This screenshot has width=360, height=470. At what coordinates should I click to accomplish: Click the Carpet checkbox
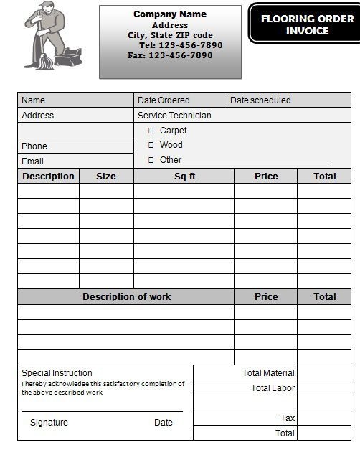click(x=151, y=131)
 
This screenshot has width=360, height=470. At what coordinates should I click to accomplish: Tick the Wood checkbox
click(x=151, y=145)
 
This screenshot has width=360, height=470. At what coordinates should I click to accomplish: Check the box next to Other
click(x=151, y=160)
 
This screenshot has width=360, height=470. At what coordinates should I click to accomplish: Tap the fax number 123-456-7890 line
click(x=170, y=55)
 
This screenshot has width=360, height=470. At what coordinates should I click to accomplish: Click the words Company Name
click(x=170, y=14)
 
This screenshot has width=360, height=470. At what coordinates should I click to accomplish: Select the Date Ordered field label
click(x=164, y=100)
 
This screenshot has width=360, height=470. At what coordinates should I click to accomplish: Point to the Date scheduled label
click(x=260, y=100)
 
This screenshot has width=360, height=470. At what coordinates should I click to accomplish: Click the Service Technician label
click(x=174, y=115)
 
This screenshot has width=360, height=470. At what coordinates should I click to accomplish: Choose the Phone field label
click(x=34, y=146)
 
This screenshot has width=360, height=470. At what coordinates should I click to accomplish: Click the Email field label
click(x=32, y=161)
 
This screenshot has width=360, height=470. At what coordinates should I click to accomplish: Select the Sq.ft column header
click(x=184, y=177)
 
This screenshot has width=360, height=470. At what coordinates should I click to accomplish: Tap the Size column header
click(x=106, y=177)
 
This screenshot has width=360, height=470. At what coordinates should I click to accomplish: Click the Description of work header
click(x=126, y=297)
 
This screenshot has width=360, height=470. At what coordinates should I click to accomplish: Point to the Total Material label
click(x=268, y=373)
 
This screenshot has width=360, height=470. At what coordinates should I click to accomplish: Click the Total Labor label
click(x=273, y=388)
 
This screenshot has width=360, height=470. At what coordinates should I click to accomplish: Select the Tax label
click(x=288, y=418)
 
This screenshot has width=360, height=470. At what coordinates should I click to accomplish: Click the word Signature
click(x=49, y=423)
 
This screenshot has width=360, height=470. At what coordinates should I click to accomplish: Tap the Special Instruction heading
click(x=57, y=373)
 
